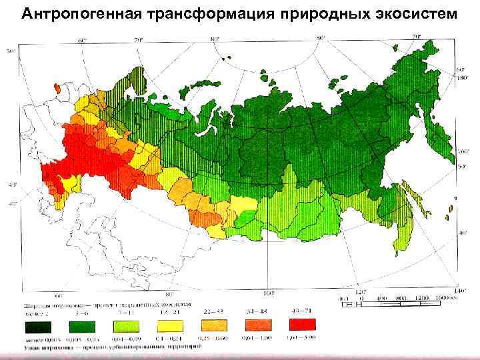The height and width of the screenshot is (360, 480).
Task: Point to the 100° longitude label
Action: click(x=270, y=292)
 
